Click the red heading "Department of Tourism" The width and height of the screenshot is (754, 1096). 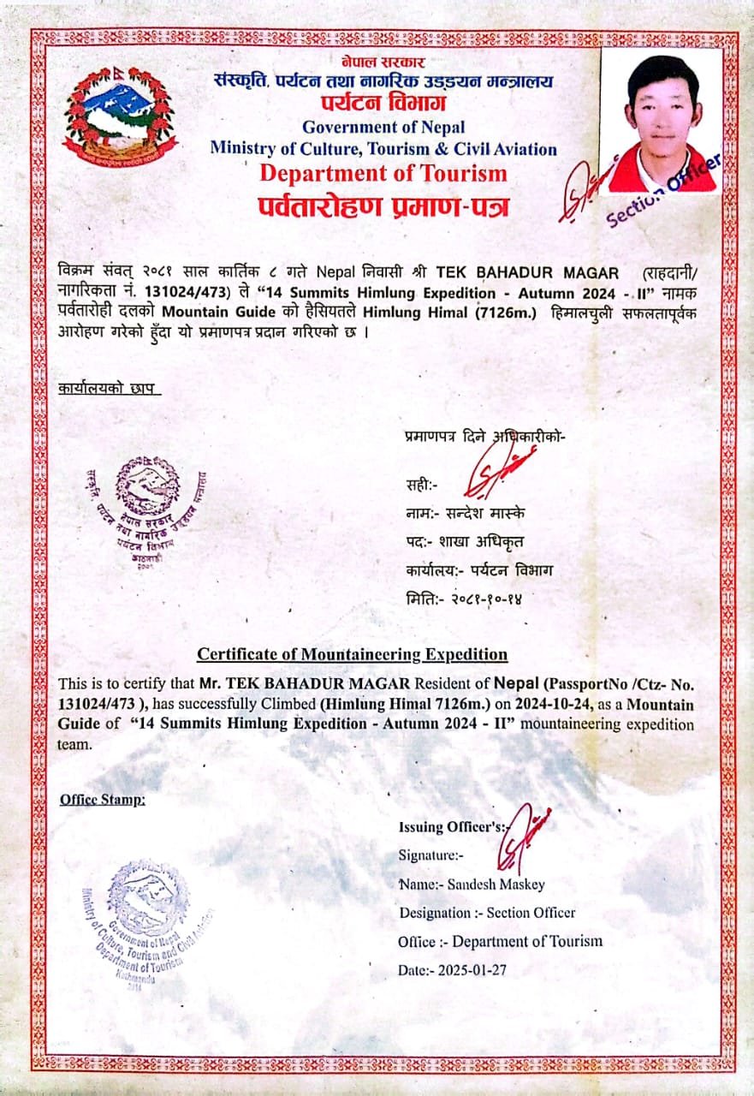coord(383,173)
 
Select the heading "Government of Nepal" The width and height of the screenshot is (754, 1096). coord(383,128)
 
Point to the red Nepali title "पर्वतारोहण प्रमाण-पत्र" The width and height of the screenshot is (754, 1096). coord(383,205)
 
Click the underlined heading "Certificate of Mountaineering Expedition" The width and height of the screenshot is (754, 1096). coord(352,654)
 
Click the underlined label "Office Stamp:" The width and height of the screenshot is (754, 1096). coord(103,800)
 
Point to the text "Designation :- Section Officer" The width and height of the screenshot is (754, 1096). coord(487,913)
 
